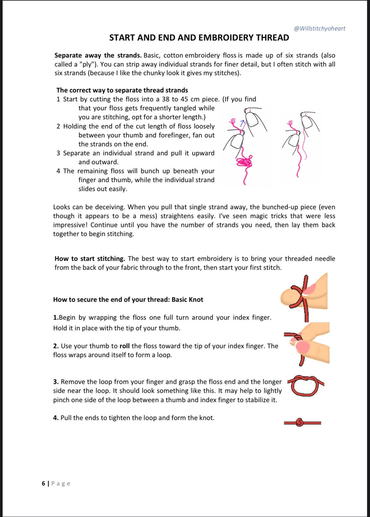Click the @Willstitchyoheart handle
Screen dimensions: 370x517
click(319, 28)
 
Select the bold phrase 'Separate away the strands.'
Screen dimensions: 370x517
click(98, 56)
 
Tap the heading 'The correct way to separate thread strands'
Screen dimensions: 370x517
click(122, 90)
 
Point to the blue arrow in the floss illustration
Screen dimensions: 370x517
click(242, 123)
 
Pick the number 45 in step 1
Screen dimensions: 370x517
click(184, 99)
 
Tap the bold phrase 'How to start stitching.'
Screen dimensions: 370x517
click(90, 259)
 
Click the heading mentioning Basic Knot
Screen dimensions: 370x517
click(128, 300)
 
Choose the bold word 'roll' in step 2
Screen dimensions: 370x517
click(125, 346)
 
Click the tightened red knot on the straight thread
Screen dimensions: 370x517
click(300, 422)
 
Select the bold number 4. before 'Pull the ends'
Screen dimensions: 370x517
click(56, 418)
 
